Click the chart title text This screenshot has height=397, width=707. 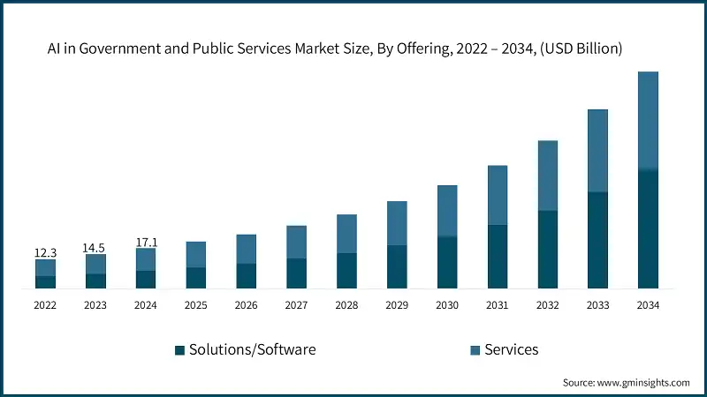click(x=335, y=49)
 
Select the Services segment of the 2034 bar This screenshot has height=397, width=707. click(x=648, y=121)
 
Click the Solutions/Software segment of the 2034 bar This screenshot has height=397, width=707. click(x=648, y=228)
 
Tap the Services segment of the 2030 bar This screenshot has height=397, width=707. click(x=447, y=211)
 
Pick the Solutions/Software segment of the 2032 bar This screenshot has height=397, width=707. click(x=548, y=249)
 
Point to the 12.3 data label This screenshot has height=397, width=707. click(x=45, y=252)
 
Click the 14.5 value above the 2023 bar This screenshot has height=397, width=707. click(x=95, y=248)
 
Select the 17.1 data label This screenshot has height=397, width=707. click(x=146, y=241)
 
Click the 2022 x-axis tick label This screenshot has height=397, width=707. click(x=45, y=304)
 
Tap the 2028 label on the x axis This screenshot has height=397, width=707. click(x=346, y=304)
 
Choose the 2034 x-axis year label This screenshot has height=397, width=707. click(x=648, y=304)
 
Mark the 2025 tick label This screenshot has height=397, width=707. click(x=196, y=304)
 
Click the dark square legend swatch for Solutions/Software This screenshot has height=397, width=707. click(x=180, y=350)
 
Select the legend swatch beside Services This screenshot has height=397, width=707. click(x=475, y=350)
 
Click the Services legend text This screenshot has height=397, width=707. click(x=512, y=349)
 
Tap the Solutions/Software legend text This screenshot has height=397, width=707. click(x=253, y=349)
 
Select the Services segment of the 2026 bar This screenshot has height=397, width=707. click(x=247, y=249)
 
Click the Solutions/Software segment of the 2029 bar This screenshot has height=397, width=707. click(x=397, y=266)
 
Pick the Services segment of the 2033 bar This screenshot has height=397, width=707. click(x=598, y=151)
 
